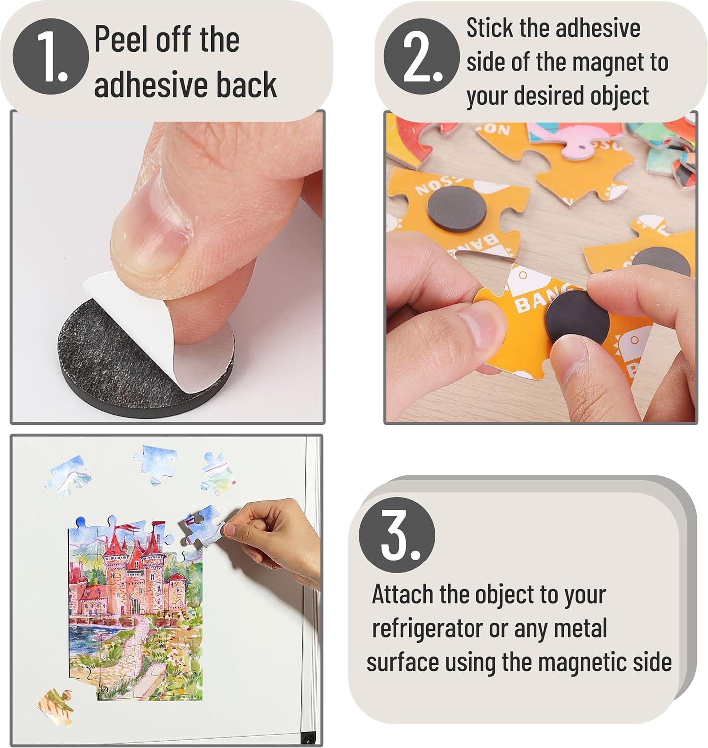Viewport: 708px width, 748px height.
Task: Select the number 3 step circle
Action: tap(397, 534)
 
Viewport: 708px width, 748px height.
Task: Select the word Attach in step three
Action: tap(402, 594)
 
